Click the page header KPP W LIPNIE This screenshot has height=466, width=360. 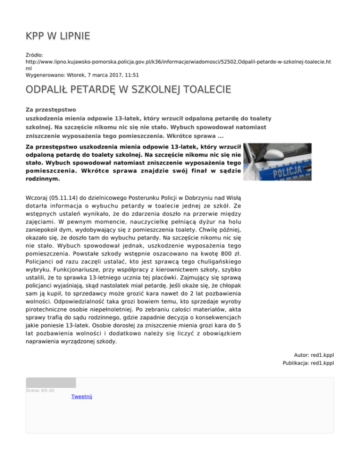tap(58, 36)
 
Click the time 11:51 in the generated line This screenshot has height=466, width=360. tap(131, 74)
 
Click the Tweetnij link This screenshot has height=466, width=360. tap(82, 397)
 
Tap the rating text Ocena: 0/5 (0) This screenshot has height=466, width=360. tap(40, 390)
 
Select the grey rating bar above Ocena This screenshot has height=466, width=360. tap(51, 383)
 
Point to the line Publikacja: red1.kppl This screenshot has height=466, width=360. tap(308, 363)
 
